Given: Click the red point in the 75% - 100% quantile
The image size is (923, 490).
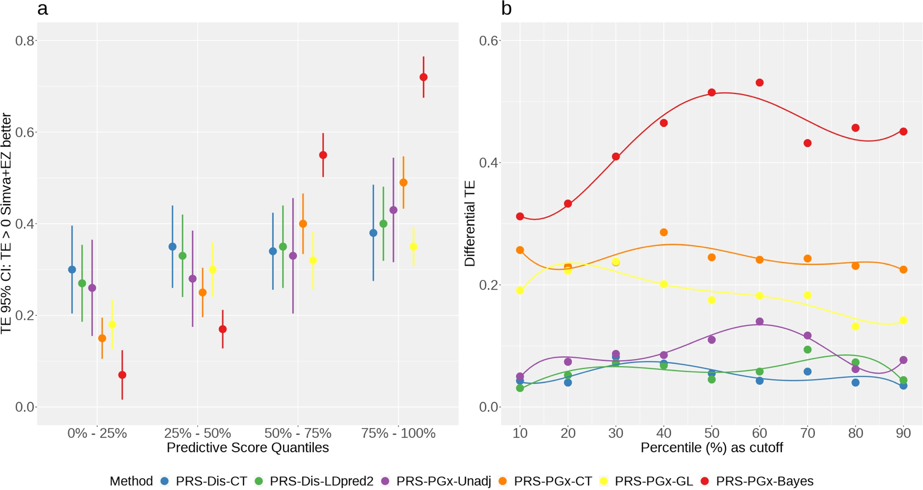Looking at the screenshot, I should (x=423, y=77).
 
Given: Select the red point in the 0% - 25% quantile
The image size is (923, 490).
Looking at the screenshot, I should (x=122, y=375).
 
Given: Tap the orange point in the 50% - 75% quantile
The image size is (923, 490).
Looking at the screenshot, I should (x=303, y=224).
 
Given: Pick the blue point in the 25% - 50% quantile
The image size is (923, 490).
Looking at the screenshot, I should (x=172, y=247).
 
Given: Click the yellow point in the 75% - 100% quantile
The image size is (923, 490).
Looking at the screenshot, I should (x=413, y=247).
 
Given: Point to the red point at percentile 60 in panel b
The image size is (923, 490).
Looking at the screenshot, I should (x=760, y=83).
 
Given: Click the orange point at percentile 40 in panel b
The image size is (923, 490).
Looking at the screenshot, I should (x=664, y=232).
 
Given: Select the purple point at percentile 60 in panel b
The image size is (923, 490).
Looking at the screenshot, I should (x=760, y=321).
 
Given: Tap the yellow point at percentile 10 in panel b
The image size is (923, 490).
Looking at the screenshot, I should (x=520, y=290).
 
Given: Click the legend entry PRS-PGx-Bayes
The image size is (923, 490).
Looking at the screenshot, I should (x=764, y=481).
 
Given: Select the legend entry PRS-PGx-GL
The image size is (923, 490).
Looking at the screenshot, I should (x=653, y=481).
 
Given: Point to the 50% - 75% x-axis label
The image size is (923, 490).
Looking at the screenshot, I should (x=298, y=433).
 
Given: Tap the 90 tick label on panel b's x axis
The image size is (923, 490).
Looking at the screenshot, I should (x=903, y=433).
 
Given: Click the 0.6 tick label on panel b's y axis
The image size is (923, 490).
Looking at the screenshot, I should (x=489, y=41).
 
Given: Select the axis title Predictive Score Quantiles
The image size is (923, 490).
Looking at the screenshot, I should (x=247, y=448).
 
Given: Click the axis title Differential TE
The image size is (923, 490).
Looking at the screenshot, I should (x=470, y=224).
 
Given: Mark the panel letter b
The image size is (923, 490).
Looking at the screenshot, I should (x=506, y=8).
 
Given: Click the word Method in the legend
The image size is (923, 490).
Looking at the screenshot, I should (x=131, y=481).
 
